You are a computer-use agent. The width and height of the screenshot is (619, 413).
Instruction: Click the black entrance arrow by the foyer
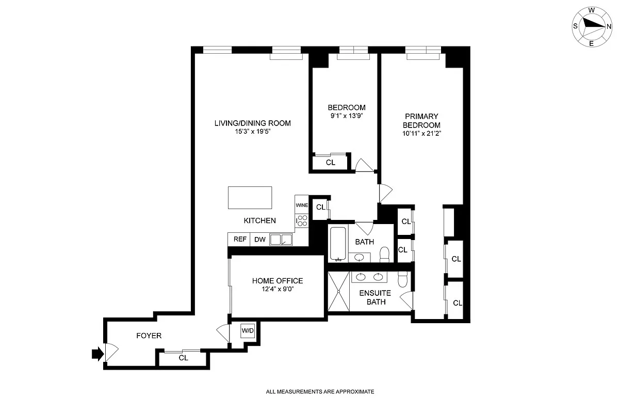tap(96, 354)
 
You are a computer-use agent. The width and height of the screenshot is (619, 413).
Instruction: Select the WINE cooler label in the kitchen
tap(302, 205)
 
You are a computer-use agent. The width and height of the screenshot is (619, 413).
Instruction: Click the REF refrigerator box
tap(239, 240)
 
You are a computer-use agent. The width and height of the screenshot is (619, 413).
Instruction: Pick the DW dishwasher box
tap(259, 240)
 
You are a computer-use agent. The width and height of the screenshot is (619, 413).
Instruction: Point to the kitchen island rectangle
tap(250, 198)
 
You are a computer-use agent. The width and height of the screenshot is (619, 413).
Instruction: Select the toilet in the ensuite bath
tap(404, 279)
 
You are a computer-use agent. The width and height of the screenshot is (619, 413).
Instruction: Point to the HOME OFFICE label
tap(277, 281)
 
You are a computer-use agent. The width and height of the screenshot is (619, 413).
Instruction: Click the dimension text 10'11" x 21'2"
tap(421, 133)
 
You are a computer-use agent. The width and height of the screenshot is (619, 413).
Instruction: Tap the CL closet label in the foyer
tap(183, 358)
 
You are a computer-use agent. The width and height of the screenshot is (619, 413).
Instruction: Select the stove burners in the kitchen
tap(302, 221)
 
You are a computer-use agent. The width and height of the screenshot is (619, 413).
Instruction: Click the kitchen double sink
tap(282, 240)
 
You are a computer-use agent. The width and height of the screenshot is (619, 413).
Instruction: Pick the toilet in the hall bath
tap(384, 253)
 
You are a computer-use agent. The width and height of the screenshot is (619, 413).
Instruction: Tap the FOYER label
tap(149, 336)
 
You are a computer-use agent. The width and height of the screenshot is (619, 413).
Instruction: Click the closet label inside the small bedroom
tap(331, 163)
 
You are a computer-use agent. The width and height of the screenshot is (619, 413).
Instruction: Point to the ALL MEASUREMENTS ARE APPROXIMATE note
tap(319, 392)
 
